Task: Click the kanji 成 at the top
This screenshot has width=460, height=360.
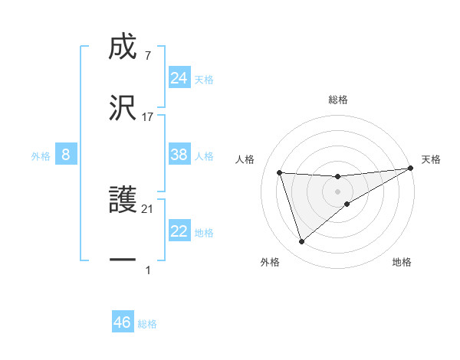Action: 123,47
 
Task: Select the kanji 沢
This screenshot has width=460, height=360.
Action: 123,109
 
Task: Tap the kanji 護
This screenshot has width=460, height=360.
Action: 123,201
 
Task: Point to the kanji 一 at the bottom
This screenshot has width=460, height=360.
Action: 123,261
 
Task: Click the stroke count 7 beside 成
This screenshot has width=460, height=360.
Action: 147,55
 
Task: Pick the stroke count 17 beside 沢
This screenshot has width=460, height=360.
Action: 148,117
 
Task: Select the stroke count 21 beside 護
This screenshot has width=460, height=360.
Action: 148,209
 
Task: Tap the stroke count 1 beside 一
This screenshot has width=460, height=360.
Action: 147,270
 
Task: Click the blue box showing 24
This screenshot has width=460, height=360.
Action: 179,78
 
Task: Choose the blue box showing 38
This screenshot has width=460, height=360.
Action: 179,155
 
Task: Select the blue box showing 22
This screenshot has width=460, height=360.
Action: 179,231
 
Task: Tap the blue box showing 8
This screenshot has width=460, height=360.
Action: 66,155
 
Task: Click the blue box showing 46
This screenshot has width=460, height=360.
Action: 123,322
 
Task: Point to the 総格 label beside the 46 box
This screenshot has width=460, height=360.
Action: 147,324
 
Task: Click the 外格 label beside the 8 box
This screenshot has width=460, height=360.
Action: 41,156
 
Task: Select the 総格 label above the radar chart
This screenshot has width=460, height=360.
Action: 338,100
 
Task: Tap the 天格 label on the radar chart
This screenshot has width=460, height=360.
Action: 431,159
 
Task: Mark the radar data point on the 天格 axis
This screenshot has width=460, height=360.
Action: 411,169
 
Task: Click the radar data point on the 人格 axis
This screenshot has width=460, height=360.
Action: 280,173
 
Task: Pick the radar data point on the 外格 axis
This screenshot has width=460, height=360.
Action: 301,242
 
